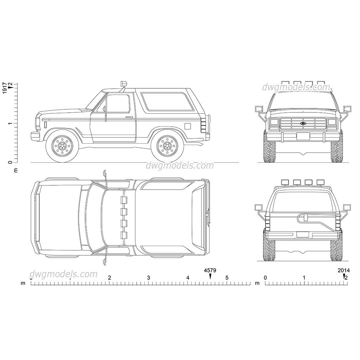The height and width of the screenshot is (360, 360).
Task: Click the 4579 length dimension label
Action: click(210, 270)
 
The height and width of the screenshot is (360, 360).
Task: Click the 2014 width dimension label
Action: click(344, 270)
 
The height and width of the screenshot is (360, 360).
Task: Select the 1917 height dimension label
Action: click(5, 88)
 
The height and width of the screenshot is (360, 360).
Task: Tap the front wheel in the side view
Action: click(62, 146)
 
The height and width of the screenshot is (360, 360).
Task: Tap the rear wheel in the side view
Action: click(166, 146)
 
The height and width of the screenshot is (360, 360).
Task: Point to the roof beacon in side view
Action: click(123, 83)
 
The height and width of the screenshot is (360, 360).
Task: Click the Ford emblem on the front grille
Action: click(303, 123)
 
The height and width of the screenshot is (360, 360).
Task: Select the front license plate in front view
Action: click(303, 136)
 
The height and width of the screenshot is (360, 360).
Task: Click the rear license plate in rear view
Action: click(303, 235)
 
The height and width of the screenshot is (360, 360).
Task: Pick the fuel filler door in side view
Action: click(187, 126)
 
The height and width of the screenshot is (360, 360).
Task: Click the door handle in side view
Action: click(129, 117)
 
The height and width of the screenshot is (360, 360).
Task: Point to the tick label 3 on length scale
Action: click(148, 278)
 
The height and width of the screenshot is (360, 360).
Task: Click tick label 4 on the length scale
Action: click(188, 278)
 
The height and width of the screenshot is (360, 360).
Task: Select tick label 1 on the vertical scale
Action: click(10, 123)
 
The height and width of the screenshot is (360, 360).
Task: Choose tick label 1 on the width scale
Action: click(304, 278)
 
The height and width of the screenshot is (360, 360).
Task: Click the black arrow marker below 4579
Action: click(210, 276)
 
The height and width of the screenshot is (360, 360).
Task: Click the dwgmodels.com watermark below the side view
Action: click(180, 165)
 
